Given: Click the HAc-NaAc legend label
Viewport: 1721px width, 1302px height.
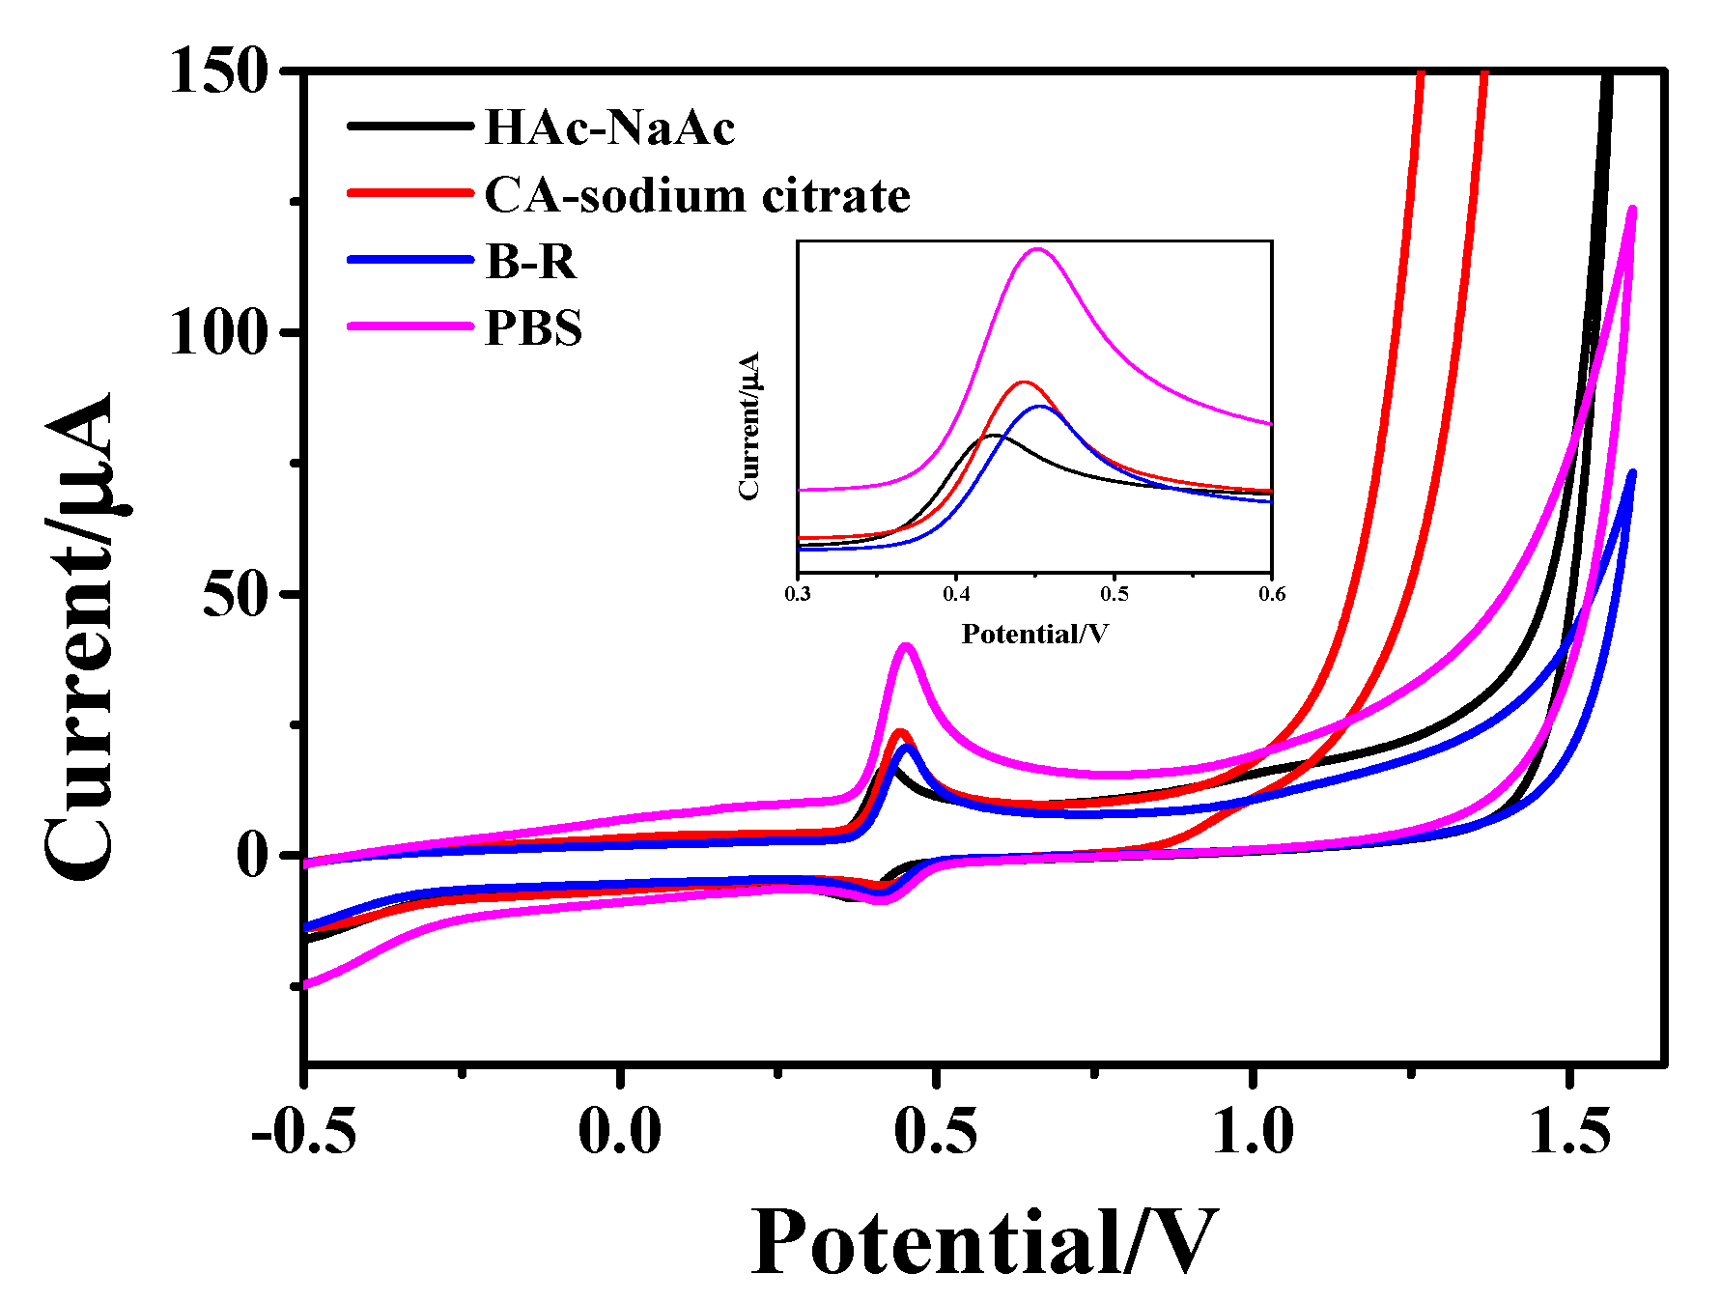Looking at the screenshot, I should coord(609,127).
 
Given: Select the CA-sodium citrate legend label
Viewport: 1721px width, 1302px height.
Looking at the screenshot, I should coord(697,195).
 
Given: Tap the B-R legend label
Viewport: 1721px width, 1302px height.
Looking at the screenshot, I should coord(530,261).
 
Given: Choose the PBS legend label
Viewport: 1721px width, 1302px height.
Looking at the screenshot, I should coord(533,327).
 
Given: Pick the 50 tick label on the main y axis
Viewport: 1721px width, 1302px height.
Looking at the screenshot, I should coord(235,593).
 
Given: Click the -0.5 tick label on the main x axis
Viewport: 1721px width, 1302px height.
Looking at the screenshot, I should coord(303,1130).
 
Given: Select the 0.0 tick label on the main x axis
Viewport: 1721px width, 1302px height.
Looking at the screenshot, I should coord(620,1130).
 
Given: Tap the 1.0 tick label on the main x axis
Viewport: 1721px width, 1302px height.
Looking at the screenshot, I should coord(1253,1130).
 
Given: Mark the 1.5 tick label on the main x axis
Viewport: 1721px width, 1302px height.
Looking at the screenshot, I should coord(1569,1130).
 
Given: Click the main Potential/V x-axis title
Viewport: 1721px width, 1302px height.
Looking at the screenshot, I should coord(983,1243).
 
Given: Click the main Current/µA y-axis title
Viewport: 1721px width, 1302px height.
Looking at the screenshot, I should coord(79,637).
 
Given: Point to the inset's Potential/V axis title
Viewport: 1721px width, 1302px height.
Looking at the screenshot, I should coord(1034,634).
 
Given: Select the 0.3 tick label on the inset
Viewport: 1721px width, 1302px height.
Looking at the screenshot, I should coord(798,593).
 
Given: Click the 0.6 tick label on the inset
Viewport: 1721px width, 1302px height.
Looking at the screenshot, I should coord(1272,593).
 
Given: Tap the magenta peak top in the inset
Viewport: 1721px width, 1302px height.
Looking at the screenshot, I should coord(1038,249).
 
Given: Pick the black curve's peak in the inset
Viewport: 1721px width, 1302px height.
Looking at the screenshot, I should coord(993,436).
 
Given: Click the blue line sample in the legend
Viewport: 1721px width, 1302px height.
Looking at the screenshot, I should coord(410,261).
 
